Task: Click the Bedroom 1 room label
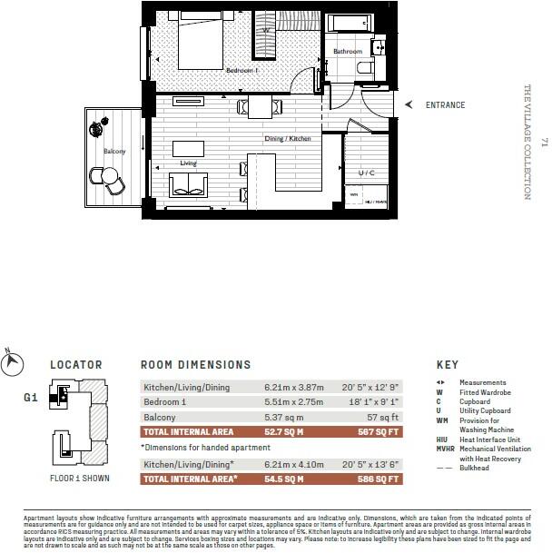pyautogui.click(x=242, y=70)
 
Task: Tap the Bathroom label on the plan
pyautogui.click(x=347, y=52)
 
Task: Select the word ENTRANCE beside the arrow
pyautogui.click(x=445, y=105)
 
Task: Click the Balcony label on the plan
pyautogui.click(x=113, y=152)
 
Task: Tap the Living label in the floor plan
pyautogui.click(x=188, y=164)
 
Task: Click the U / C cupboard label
pyautogui.click(x=368, y=172)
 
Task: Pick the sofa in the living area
pyautogui.click(x=189, y=188)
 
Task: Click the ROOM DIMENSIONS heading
pyautogui.click(x=195, y=364)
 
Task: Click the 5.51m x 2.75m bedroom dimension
pyautogui.click(x=288, y=402)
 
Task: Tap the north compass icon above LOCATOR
pyautogui.click(x=12, y=360)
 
